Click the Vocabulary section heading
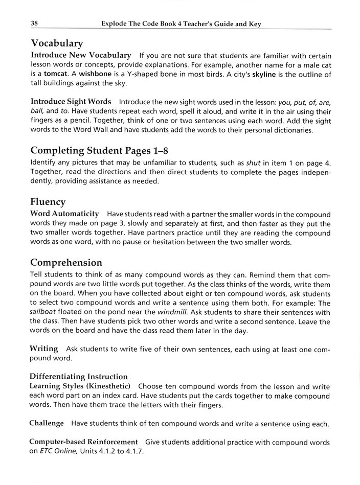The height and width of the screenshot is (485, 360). coord(57,43)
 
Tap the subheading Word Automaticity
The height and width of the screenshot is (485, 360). coord(65,214)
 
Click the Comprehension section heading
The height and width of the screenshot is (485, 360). coord(66,262)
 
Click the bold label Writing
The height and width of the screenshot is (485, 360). coord(44,349)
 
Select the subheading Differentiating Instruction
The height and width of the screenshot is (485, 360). coord(79,377)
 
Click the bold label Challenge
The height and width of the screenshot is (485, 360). coord(47,423)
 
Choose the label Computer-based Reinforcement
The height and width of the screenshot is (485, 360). coord(84,442)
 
